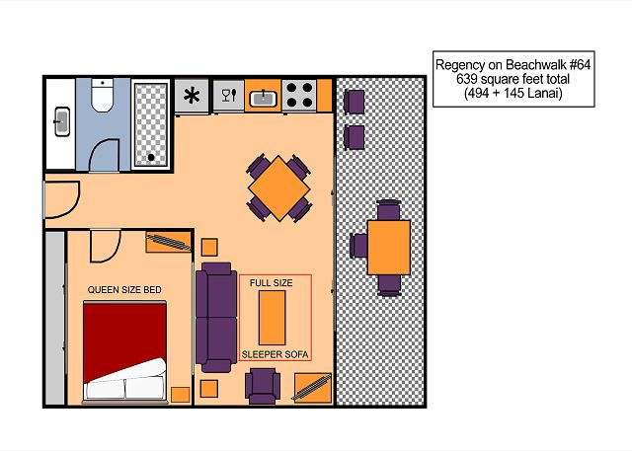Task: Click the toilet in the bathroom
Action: pyautogui.click(x=102, y=96)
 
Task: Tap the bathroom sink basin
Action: pyautogui.click(x=62, y=121)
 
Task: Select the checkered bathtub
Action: pyautogui.click(x=151, y=124)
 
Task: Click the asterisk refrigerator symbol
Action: pyautogui.click(x=192, y=96)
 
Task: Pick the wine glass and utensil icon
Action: pyautogui.click(x=229, y=96)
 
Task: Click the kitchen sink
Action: pyautogui.click(x=263, y=99)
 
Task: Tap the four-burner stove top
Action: pyautogui.click(x=299, y=95)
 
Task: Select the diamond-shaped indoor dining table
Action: pyautogui.click(x=278, y=188)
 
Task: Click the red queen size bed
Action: pyautogui.click(x=125, y=351)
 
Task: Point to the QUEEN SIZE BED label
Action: pyautogui.click(x=124, y=290)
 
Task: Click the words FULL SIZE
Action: pyautogui.click(x=272, y=283)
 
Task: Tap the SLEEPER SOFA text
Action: pyautogui.click(x=275, y=354)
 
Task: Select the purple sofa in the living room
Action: pyautogui.click(x=216, y=318)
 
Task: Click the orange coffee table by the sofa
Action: pyautogui.click(x=273, y=318)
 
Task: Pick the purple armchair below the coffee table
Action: pyautogui.click(x=263, y=386)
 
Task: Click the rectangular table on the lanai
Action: pyautogui.click(x=388, y=248)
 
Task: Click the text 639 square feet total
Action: pyautogui.click(x=513, y=79)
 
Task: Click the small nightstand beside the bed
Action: pyautogui.click(x=180, y=395)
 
